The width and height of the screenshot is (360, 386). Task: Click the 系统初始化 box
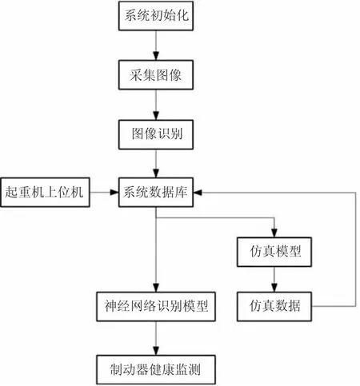click(x=156, y=16)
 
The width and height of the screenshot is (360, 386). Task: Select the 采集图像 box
click(x=156, y=75)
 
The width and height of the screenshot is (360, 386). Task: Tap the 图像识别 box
click(x=156, y=134)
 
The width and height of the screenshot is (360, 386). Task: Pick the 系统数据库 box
click(x=156, y=193)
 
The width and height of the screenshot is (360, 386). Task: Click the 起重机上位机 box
click(x=45, y=193)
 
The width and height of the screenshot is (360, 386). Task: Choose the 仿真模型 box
click(x=274, y=252)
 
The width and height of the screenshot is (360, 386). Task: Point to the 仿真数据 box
click(x=274, y=307)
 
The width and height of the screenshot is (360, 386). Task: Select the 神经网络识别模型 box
click(x=156, y=307)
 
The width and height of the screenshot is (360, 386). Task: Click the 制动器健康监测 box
click(x=156, y=370)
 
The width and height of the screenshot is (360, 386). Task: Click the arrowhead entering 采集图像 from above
click(x=156, y=56)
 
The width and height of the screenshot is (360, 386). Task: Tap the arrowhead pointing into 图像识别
click(x=156, y=115)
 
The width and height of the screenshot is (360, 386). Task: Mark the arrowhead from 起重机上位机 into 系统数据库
click(x=114, y=192)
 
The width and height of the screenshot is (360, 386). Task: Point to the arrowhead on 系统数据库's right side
click(x=198, y=192)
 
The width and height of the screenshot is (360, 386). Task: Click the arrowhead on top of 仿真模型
click(x=274, y=233)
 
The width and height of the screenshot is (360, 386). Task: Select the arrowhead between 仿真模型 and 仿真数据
click(x=274, y=288)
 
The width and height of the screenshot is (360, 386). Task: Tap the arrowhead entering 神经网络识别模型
click(x=156, y=288)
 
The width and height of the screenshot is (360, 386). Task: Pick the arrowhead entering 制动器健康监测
click(x=156, y=351)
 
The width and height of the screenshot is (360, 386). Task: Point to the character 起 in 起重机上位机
click(x=11, y=193)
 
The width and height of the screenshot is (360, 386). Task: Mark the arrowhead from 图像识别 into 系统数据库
click(x=156, y=173)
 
